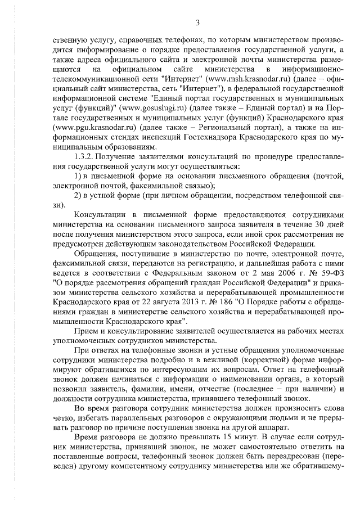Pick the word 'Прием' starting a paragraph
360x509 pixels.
click(x=85, y=332)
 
